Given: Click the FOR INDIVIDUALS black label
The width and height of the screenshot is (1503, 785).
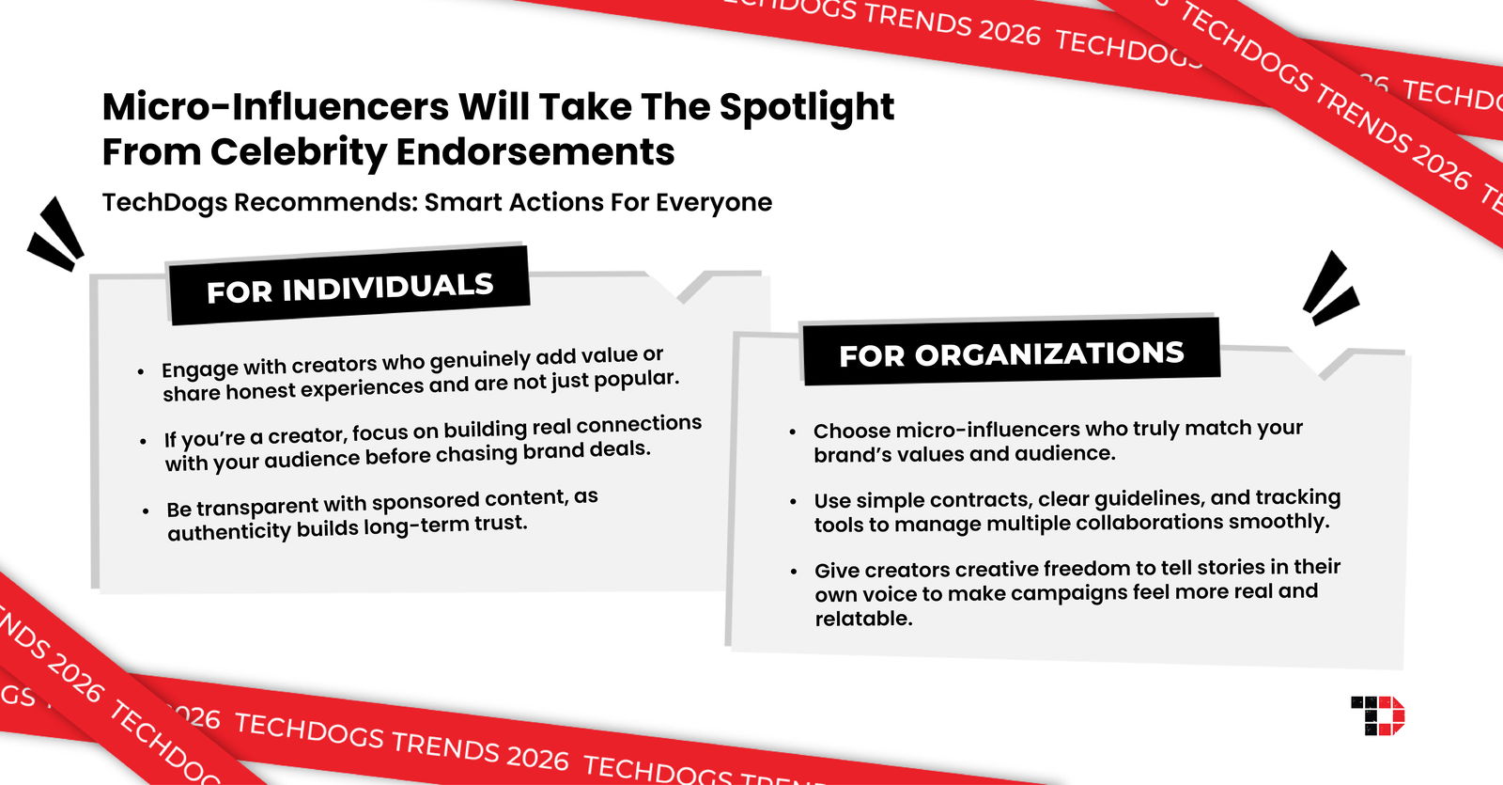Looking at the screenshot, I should (x=349, y=288).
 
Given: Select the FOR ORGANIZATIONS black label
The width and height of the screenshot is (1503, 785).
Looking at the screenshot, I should (x=1011, y=353).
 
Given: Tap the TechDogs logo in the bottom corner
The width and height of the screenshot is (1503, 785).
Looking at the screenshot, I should (x=1377, y=715).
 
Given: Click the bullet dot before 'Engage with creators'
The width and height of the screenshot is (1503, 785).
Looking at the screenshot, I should (x=141, y=371).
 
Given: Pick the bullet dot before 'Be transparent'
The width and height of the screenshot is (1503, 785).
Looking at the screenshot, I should (x=146, y=511).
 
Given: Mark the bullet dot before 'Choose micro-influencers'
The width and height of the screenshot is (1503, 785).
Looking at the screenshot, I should (x=793, y=432).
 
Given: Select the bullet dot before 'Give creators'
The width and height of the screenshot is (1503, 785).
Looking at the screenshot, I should (x=794, y=571).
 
